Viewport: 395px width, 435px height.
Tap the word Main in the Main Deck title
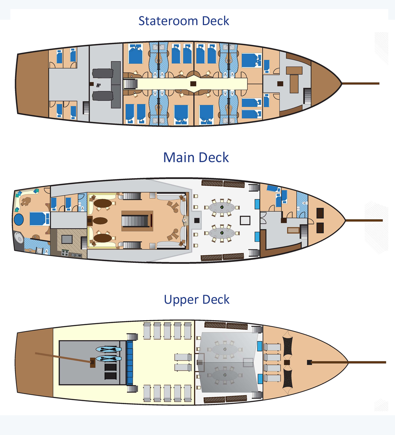click(x=179, y=157)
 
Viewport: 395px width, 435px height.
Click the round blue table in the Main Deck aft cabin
click(x=19, y=220)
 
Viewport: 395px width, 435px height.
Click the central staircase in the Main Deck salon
click(x=135, y=221)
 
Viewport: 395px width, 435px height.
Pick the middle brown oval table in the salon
click(x=100, y=221)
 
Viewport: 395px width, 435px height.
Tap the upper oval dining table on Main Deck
click(x=222, y=208)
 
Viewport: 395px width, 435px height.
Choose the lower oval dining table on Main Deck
click(x=222, y=233)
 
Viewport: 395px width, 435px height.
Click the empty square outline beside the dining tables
click(x=245, y=220)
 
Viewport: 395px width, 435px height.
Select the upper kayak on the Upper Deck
click(x=108, y=350)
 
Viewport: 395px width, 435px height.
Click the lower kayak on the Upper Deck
click(x=108, y=359)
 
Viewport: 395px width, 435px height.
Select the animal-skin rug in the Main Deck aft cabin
click(x=26, y=201)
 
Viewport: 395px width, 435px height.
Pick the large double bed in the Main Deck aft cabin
click(x=39, y=219)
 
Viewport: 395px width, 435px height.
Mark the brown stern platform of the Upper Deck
click(x=34, y=362)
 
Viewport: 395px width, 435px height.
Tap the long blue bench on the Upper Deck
click(x=130, y=362)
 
